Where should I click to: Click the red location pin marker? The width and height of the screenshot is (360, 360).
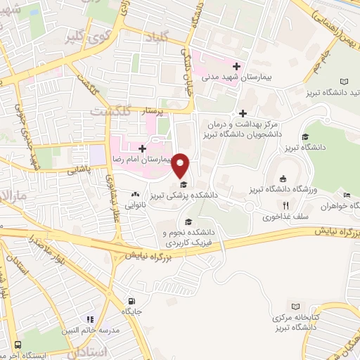pyautogui.click(x=181, y=165)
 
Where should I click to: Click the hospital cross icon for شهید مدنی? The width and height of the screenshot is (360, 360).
pyautogui.click(x=237, y=67)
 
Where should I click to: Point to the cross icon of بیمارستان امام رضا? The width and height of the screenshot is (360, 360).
pyautogui.click(x=143, y=148)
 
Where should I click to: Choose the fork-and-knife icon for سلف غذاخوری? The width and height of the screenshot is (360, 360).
pyautogui.click(x=285, y=205)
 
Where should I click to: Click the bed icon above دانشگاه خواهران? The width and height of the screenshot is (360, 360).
pyautogui.click(x=346, y=195)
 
